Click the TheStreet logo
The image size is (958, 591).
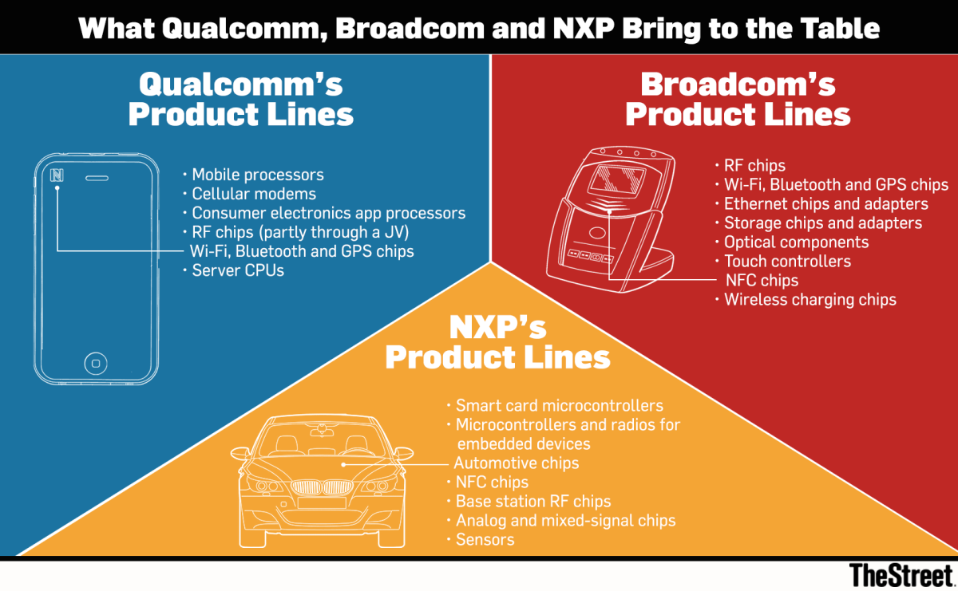[x=901, y=574]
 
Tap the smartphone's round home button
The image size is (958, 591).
[x=96, y=364]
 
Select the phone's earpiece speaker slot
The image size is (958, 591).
[x=97, y=177]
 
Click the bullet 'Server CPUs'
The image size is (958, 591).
[x=238, y=271]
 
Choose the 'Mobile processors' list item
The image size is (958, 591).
[x=258, y=175]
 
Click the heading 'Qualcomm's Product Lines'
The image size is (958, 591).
[x=240, y=99]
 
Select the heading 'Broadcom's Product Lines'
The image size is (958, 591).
[x=738, y=99]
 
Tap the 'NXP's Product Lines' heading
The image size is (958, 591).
[x=497, y=341]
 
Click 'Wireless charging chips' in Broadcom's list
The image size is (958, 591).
[x=810, y=300]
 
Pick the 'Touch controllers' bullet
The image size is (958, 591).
[x=787, y=262]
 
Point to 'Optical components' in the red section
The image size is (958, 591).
[x=796, y=242]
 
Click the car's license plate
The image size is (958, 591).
[x=322, y=503]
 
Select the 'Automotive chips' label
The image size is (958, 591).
[x=517, y=463]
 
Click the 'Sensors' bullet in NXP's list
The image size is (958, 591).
[x=485, y=540]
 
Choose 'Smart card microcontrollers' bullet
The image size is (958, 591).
[x=559, y=406]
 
